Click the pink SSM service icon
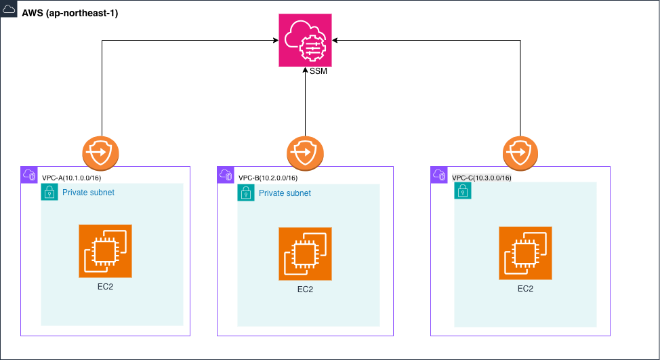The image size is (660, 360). pos(305,40)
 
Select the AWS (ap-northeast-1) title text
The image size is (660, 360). pos(70,14)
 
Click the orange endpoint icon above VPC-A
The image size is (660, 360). pos(101,153)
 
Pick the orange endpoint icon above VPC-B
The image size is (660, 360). pos(305,153)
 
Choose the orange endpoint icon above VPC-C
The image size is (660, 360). pos(520,153)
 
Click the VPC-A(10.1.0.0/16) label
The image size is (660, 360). pos(72,178)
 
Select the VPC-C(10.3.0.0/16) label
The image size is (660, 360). pos(481,178)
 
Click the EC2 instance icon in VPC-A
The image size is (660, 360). pos(105,251)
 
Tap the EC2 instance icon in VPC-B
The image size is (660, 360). pos(305,254)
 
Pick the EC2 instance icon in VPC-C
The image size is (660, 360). pos(525,253)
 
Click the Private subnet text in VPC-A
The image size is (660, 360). pos(88,193)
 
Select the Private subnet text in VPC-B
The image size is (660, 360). pos(285,193)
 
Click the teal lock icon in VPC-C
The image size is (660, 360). pos(462,191)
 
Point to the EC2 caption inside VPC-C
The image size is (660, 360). pos(525,288)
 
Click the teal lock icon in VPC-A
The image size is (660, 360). pos(49,192)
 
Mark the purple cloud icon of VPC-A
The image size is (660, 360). pos(29,174)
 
